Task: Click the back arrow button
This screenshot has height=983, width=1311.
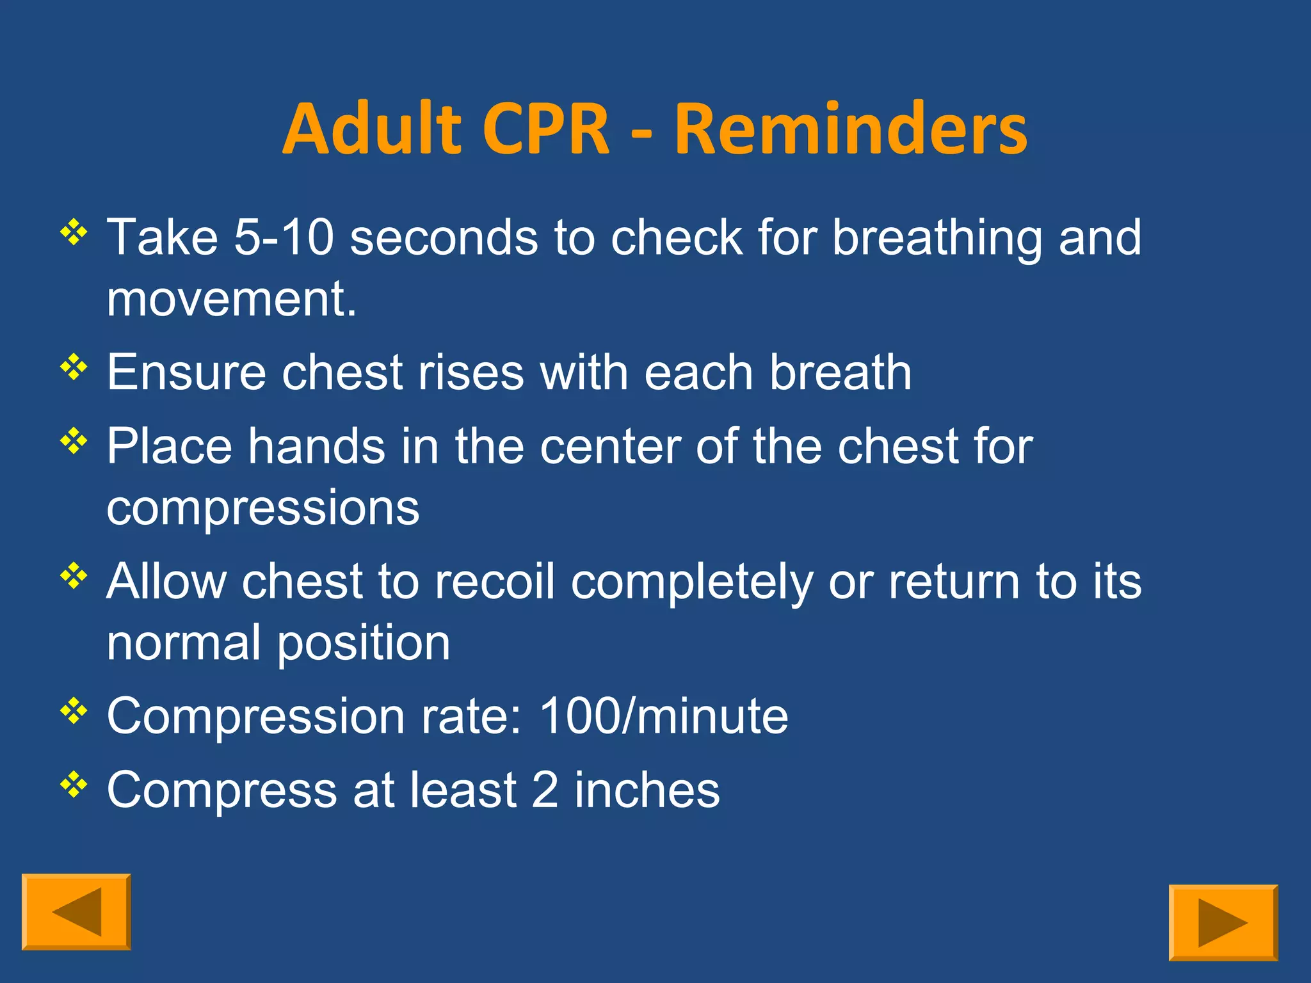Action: (x=76, y=911)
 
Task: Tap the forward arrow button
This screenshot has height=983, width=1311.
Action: (x=1223, y=922)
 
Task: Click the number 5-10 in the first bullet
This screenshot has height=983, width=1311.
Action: (x=284, y=238)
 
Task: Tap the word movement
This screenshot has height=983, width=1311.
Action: (x=230, y=300)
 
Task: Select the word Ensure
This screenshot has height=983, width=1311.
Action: (x=186, y=372)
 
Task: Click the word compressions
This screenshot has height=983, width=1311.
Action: (x=262, y=508)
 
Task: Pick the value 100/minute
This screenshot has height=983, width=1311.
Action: (x=664, y=716)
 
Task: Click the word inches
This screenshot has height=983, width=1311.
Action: (x=647, y=790)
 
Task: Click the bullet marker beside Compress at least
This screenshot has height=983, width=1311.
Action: (x=74, y=785)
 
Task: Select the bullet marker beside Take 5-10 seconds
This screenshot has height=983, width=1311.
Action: (x=74, y=232)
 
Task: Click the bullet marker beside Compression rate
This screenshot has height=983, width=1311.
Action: (x=74, y=711)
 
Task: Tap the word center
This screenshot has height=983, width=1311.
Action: (x=610, y=447)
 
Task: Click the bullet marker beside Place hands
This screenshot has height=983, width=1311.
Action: (x=74, y=441)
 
